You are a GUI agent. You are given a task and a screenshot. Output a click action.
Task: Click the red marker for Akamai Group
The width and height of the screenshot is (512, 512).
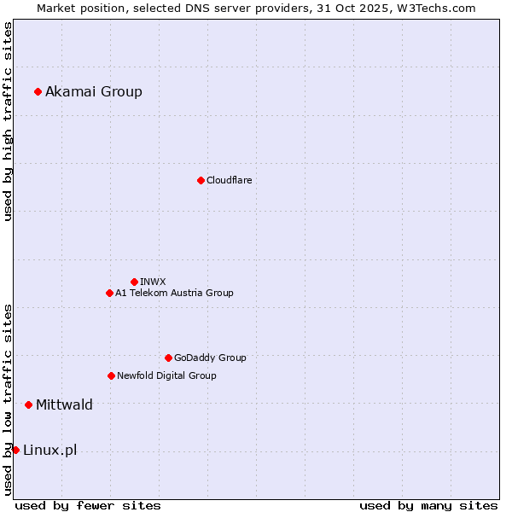point(38,91)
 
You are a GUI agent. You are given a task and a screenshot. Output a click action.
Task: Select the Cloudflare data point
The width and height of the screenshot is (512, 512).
point(201,180)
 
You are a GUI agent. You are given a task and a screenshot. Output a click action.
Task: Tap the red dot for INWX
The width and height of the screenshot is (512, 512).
point(134,282)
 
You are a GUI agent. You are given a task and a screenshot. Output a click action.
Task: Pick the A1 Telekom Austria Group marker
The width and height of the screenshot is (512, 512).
point(109,293)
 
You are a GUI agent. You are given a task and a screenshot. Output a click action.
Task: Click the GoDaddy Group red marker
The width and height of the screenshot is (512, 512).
point(168,358)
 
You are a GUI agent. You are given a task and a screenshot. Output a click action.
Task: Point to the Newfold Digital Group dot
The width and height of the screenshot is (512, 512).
point(111,375)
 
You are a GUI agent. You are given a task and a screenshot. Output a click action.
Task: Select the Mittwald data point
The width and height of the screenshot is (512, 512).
point(28,404)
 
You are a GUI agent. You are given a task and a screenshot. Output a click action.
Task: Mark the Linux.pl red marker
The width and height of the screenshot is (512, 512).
point(15,450)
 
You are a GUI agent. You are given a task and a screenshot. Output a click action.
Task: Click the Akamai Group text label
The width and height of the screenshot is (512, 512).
point(94,91)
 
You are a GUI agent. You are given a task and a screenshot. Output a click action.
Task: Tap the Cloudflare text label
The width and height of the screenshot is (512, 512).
point(229,180)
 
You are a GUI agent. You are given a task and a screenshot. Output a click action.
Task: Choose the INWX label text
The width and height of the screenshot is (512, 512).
point(153,282)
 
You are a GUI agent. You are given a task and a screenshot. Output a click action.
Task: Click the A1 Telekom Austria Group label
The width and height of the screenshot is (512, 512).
point(174,293)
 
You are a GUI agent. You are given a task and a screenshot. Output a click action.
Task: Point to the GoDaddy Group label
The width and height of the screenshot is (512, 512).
point(210,358)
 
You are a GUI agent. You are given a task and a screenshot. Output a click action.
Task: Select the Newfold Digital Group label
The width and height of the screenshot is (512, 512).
point(166,375)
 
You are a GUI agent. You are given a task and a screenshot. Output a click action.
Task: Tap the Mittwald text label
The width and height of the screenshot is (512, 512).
point(64,404)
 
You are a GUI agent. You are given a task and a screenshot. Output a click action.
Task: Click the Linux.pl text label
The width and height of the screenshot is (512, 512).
point(49,450)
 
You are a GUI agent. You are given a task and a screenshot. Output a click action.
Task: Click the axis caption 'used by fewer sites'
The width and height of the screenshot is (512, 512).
point(88,505)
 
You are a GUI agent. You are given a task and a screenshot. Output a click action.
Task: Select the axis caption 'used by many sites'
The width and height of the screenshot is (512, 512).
point(428,505)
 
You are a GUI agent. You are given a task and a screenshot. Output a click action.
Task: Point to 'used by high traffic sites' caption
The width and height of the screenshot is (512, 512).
point(8,121)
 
